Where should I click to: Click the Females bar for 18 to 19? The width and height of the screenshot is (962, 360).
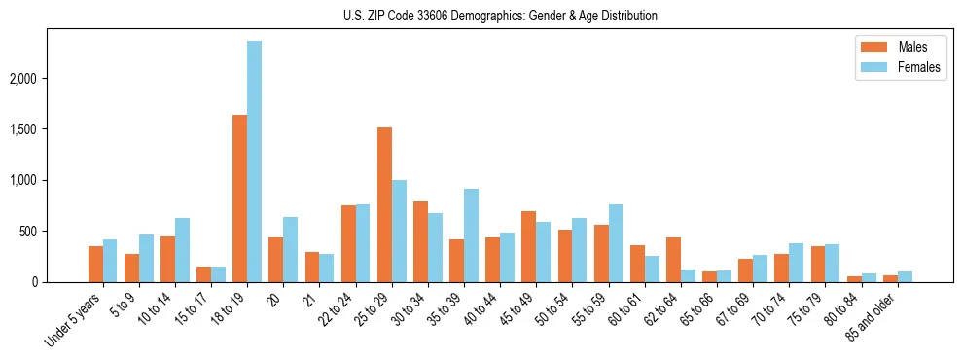click(x=254, y=162)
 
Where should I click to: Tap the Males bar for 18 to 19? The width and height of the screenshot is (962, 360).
click(x=239, y=198)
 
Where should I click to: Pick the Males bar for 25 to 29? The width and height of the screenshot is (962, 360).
click(x=384, y=204)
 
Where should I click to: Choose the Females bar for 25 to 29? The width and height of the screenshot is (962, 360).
click(x=399, y=231)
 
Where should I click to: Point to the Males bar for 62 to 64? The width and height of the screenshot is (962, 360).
click(x=673, y=260)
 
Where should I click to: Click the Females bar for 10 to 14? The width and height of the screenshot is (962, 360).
click(x=182, y=250)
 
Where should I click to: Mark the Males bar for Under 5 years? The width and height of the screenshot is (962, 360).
click(x=95, y=264)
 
